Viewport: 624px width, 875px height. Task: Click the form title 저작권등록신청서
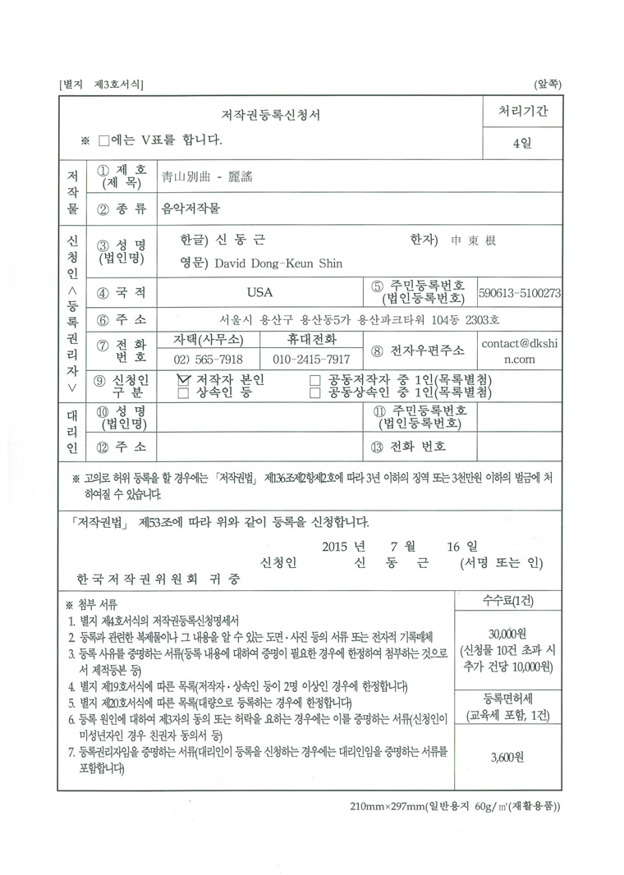(x=270, y=115)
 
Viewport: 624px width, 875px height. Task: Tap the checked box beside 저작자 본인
(x=183, y=380)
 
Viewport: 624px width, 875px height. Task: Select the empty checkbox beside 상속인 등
(x=183, y=393)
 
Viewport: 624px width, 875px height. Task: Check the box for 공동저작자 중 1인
(x=314, y=380)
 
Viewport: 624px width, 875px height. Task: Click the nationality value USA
(x=259, y=292)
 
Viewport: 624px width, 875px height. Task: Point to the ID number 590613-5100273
(x=521, y=292)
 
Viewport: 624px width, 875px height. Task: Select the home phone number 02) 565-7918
(x=208, y=360)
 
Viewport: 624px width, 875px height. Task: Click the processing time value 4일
(x=521, y=143)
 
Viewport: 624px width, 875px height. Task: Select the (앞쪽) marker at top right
(x=547, y=84)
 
